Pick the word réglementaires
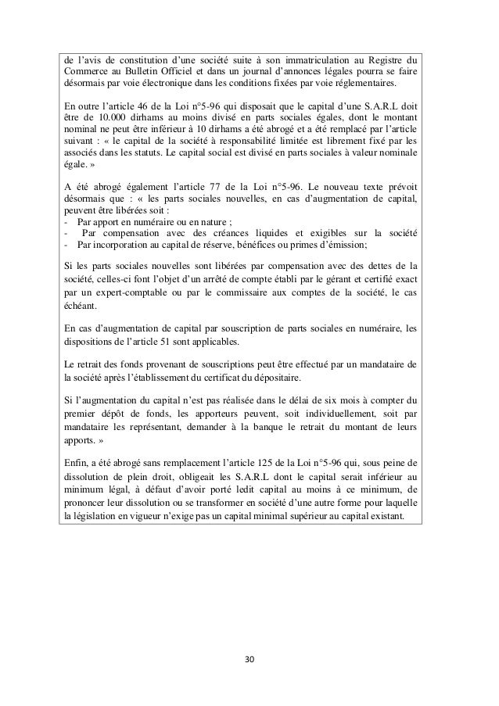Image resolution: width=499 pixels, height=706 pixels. (364, 84)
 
